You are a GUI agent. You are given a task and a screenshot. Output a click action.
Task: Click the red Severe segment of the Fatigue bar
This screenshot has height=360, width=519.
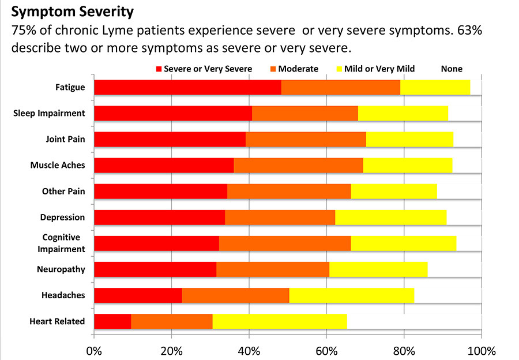(187, 87)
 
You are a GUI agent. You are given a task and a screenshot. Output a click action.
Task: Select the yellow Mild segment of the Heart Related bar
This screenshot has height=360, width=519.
(280, 321)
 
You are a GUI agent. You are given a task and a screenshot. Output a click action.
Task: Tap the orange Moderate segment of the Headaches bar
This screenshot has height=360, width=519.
(235, 295)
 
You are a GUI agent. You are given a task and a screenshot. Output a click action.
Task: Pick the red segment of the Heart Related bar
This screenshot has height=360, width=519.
(112, 321)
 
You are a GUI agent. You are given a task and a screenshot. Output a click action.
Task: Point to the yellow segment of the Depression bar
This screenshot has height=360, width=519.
(390, 217)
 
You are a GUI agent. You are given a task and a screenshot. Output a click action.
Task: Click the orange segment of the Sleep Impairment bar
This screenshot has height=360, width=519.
(305, 113)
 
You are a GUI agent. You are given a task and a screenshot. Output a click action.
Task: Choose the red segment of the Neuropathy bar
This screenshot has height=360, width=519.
(155, 269)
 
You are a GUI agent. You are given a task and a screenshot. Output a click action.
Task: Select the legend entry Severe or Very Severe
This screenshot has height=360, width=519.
(204, 69)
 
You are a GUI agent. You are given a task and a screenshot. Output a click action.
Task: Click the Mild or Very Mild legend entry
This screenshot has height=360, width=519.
(375, 69)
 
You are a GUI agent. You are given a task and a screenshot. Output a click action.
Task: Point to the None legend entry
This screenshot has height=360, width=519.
(452, 69)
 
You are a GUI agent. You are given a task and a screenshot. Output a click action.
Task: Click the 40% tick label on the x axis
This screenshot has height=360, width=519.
(249, 351)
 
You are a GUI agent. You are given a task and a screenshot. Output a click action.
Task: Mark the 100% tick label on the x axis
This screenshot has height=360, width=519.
(480, 351)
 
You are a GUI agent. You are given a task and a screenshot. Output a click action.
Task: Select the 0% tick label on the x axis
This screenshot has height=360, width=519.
(94, 351)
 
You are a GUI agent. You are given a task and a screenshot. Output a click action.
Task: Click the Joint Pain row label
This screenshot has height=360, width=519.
(65, 139)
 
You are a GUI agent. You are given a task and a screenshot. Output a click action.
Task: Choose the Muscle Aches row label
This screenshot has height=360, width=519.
(58, 165)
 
